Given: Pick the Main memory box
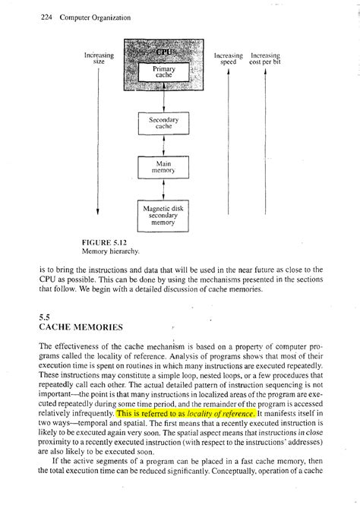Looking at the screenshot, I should coord(164,167).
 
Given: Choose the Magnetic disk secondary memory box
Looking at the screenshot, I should coord(164,214).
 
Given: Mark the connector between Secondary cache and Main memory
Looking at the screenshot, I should coord(164,146).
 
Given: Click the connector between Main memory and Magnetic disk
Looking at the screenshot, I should coord(164,189).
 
